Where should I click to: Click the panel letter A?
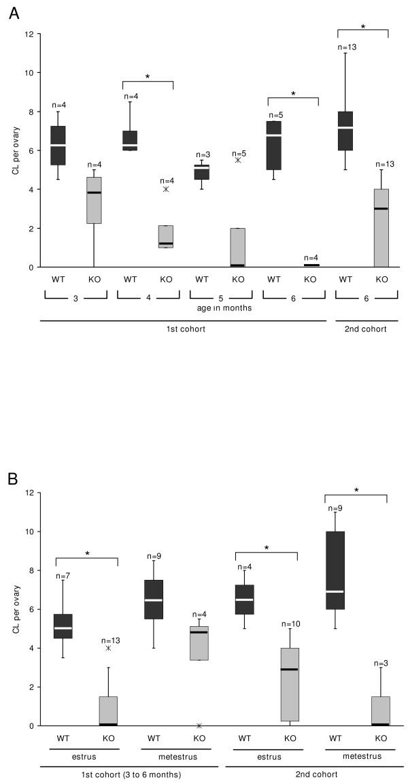point(13,14)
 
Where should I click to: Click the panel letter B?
point(13,479)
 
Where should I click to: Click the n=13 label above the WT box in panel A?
point(347,47)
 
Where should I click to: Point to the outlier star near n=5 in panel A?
point(237,160)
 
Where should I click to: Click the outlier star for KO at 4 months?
point(166,189)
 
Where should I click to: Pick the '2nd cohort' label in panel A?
point(364,329)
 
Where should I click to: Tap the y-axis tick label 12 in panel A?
point(29,33)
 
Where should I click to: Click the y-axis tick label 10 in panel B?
point(29,531)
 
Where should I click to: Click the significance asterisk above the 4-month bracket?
point(148,76)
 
